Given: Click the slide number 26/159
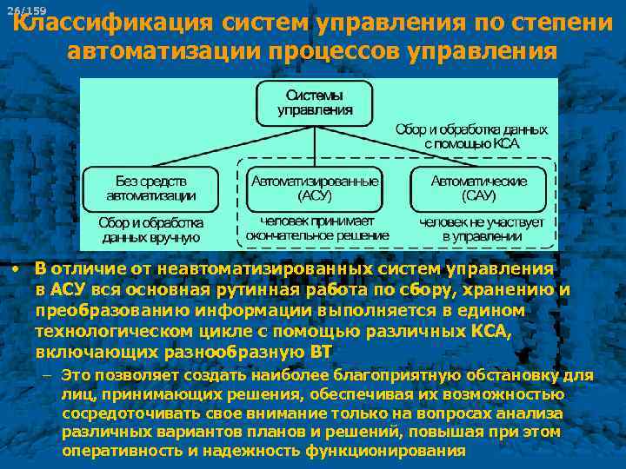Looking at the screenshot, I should [x=26, y=10].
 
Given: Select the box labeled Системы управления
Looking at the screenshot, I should [x=315, y=103].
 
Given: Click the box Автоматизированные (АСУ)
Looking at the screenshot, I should [x=315, y=188].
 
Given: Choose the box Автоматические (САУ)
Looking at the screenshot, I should [x=481, y=188].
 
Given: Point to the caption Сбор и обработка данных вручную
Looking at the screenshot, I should [x=151, y=230].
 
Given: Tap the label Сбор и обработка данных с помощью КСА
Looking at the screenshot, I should [x=471, y=135].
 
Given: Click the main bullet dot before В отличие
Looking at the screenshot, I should [x=17, y=269].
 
